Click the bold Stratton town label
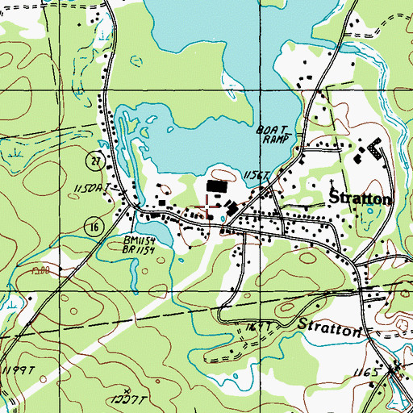(360, 198)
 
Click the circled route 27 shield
(94, 161)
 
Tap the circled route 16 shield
(94, 228)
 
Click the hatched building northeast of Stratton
(373, 148)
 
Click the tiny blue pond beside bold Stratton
(370, 212)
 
